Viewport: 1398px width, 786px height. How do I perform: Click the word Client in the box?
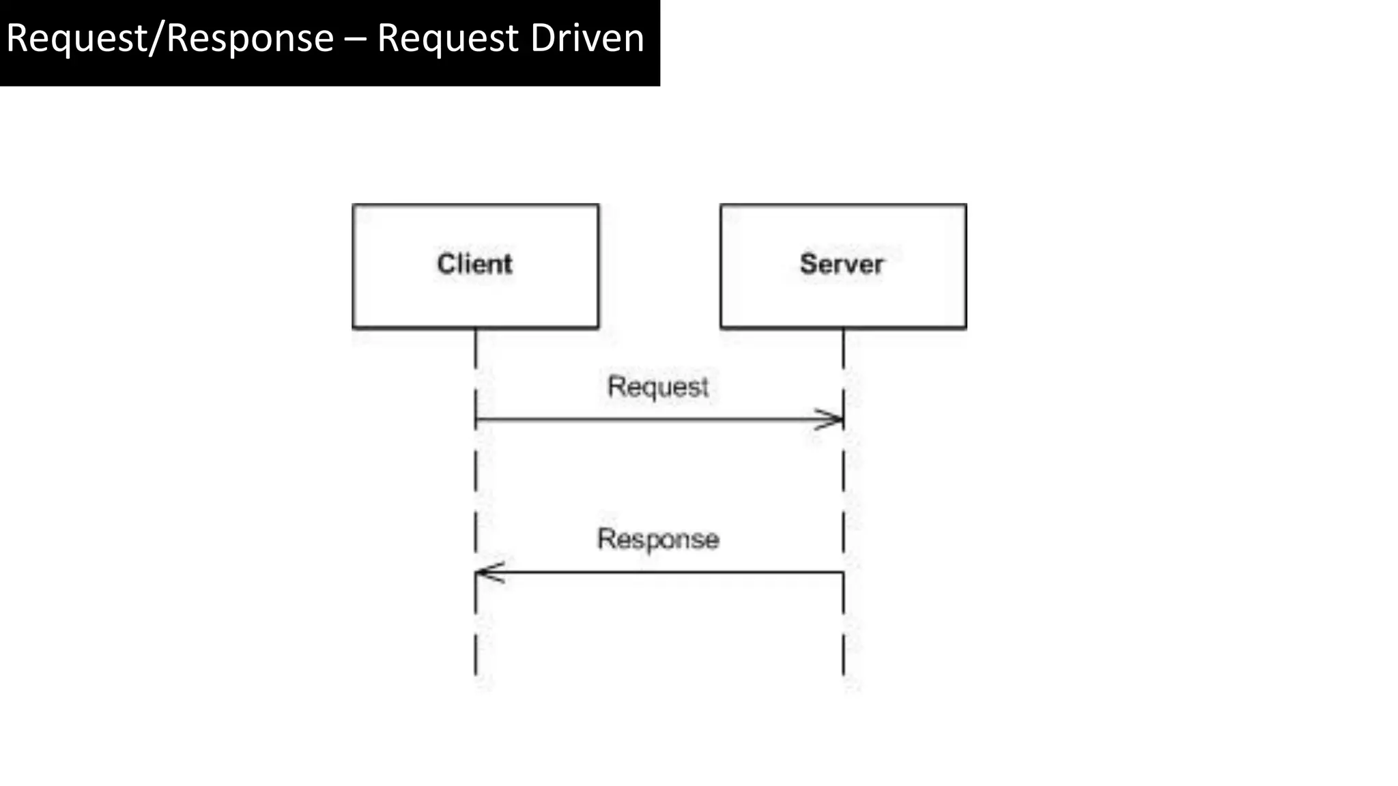click(x=474, y=264)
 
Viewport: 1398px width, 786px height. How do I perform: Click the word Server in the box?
click(x=842, y=264)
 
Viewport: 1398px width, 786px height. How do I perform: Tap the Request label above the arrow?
click(x=658, y=387)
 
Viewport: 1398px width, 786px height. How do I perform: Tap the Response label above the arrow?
click(x=658, y=539)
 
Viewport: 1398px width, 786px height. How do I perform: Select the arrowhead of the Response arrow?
click(x=485, y=572)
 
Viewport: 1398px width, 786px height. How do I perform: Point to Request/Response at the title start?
click(x=169, y=38)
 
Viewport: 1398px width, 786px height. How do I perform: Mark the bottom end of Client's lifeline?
click(x=476, y=674)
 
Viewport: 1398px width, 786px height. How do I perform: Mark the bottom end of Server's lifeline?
click(x=843, y=674)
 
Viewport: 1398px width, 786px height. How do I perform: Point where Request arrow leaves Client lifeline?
click(x=476, y=420)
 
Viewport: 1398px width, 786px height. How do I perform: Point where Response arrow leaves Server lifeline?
click(x=843, y=572)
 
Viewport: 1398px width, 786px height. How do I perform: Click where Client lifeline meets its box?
click(x=476, y=329)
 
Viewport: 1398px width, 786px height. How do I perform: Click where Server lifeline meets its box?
click(x=843, y=329)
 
